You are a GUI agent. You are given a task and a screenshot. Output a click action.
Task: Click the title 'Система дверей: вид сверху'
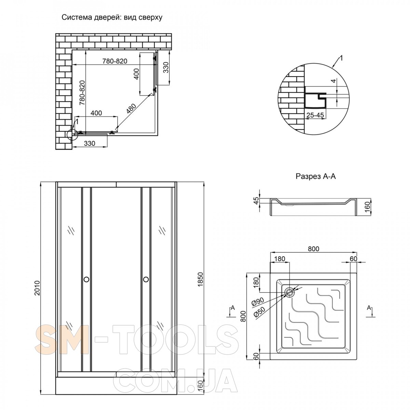point(112,18)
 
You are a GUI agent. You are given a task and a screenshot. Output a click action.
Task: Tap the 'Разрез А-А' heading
point(316,176)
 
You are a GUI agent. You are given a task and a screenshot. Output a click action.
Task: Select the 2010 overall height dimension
point(37,288)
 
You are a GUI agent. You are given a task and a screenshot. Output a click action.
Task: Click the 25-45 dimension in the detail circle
point(315,115)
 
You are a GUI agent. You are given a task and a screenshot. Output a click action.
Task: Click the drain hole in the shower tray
point(290,292)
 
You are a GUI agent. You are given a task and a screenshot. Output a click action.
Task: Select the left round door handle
point(86,279)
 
